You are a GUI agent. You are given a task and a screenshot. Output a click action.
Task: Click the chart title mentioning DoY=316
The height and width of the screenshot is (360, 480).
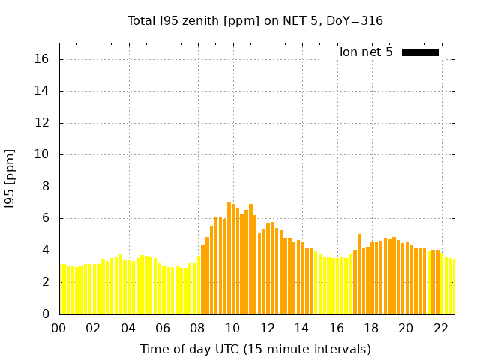coord(255,20)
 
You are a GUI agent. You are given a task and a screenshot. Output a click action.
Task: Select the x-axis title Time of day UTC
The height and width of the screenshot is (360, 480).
coord(255,349)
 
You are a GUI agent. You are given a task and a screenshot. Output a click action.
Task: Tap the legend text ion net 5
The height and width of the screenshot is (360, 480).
coord(366,52)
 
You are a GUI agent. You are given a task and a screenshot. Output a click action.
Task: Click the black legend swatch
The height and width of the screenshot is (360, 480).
coord(420,52)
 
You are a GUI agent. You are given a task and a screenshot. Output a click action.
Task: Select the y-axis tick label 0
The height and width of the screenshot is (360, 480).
coord(46,314)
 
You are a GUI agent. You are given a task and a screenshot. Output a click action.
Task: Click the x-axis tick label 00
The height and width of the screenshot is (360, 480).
coord(58,328)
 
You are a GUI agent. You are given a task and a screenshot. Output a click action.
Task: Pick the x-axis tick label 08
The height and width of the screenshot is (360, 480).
coord(197,328)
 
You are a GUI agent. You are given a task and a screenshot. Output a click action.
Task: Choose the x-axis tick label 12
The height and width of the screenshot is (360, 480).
coord(267,328)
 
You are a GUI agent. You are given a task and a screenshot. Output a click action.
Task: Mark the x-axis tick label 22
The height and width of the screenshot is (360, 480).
coord(440,328)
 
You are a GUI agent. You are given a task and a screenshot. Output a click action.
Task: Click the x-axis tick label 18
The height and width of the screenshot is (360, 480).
coord(371,328)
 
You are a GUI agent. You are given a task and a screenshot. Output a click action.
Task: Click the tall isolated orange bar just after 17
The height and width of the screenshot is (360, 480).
coord(359,274)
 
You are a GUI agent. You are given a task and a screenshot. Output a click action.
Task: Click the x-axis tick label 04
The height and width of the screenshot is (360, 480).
coord(128,328)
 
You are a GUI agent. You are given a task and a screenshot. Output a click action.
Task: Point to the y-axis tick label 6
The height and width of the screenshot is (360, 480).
coord(46,219)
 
